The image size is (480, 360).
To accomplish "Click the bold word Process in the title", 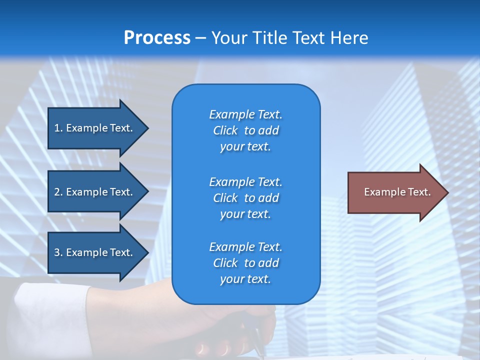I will [157, 38].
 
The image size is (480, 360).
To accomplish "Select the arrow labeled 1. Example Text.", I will [95, 128].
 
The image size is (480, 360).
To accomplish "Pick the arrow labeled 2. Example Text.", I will [95, 192].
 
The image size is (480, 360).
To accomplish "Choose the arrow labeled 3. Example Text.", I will [95, 252].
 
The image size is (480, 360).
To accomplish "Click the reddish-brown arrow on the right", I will [395, 192].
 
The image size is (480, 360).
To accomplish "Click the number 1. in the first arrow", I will [58, 128].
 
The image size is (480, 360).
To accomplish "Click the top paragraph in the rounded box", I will [245, 130].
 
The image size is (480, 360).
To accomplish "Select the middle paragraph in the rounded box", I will [245, 198].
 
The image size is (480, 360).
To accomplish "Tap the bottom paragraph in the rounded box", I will [245, 263].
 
